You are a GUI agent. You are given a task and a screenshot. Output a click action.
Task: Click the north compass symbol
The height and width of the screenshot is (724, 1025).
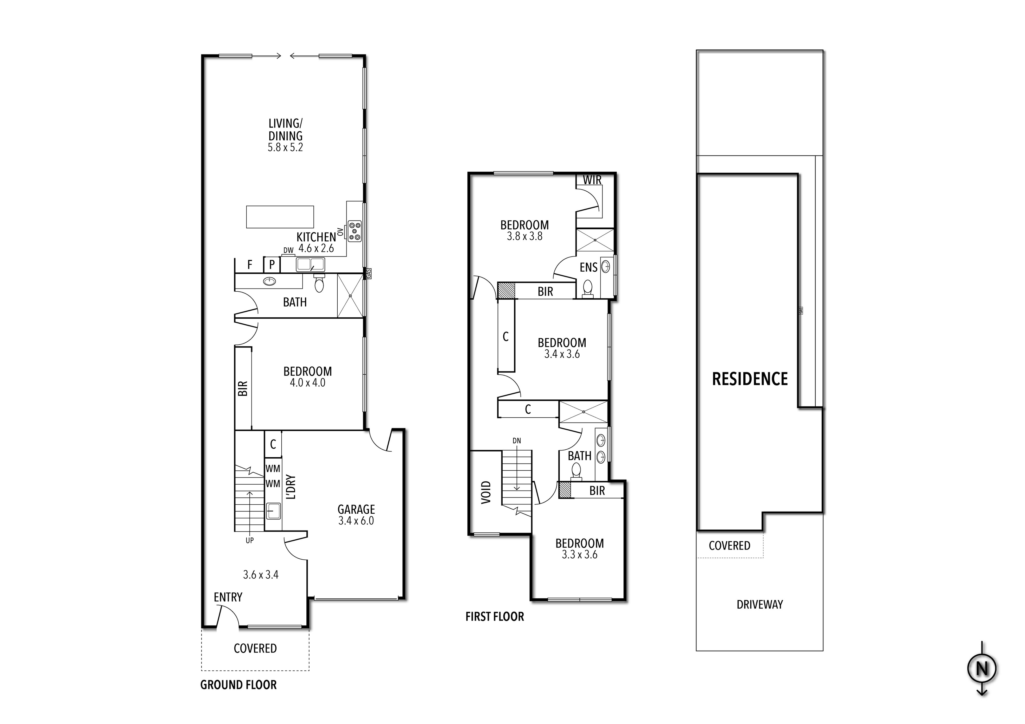pyautogui.click(x=982, y=668)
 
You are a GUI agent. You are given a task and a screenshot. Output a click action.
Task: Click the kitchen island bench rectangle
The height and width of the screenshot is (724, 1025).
pyautogui.click(x=280, y=217)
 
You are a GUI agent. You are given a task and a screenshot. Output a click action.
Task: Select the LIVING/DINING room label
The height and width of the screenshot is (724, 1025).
pyautogui.click(x=285, y=129)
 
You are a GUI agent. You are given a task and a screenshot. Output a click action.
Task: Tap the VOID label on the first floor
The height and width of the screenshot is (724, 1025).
pyautogui.click(x=486, y=492)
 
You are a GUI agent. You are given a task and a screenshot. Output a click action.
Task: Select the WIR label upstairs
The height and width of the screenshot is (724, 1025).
pyautogui.click(x=592, y=180)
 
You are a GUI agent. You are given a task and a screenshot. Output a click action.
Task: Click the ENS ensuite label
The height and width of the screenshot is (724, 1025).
pyautogui.click(x=588, y=267)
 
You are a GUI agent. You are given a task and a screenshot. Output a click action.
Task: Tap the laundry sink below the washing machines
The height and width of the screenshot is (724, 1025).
pyautogui.click(x=273, y=511)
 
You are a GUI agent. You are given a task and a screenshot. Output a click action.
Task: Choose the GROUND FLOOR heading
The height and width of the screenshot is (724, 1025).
pyautogui.click(x=238, y=685)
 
